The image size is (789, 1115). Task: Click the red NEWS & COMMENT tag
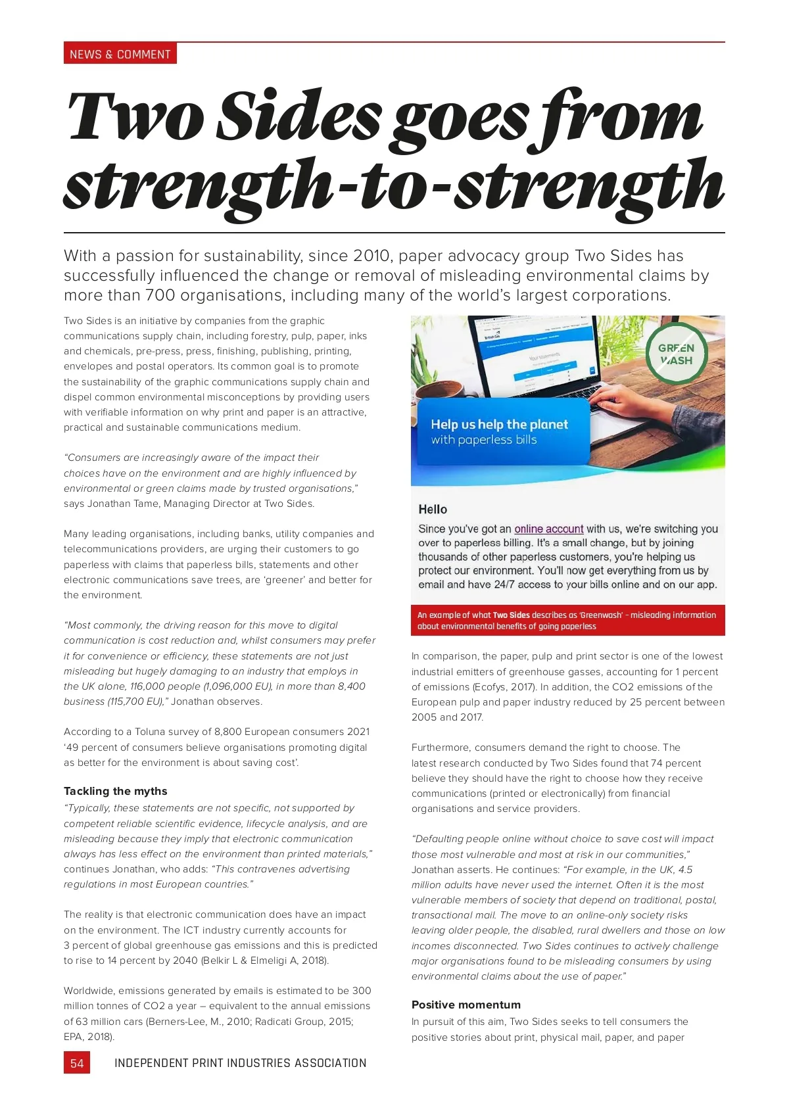click(120, 54)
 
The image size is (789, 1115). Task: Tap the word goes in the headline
click(460, 118)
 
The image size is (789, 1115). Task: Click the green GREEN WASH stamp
click(677, 354)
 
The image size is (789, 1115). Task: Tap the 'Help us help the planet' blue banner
click(500, 431)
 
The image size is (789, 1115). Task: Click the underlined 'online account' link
click(548, 529)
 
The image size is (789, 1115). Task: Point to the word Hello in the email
click(433, 509)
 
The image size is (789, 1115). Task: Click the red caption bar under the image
click(567, 620)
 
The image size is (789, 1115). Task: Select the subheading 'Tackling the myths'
click(116, 791)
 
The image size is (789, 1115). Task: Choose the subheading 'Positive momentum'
click(466, 1005)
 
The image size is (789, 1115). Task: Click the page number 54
click(77, 1063)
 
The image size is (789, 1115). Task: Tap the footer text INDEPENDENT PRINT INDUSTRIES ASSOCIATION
click(241, 1063)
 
